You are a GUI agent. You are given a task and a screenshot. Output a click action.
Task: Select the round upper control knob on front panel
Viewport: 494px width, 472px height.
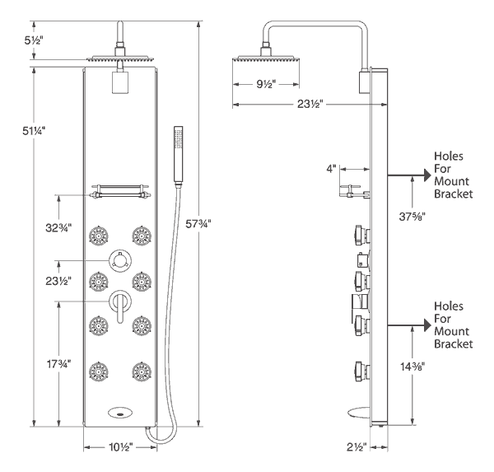pos(120,261)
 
